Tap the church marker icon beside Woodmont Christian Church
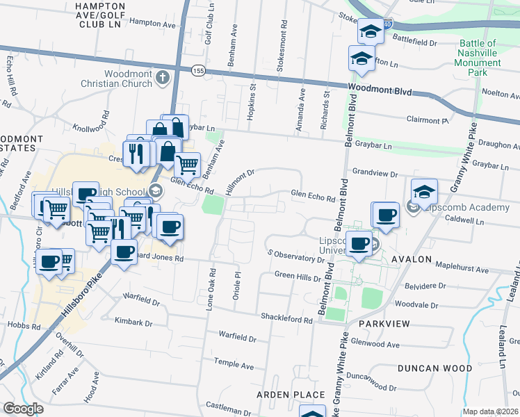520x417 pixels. pos(163,77)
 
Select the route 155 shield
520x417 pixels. pos(198,70)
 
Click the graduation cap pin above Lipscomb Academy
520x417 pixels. pos(424,193)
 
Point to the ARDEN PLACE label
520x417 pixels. pos(291,395)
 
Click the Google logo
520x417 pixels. pos(23,408)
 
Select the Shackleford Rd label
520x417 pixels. pos(286,318)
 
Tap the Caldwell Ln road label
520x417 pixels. pos(466,220)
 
